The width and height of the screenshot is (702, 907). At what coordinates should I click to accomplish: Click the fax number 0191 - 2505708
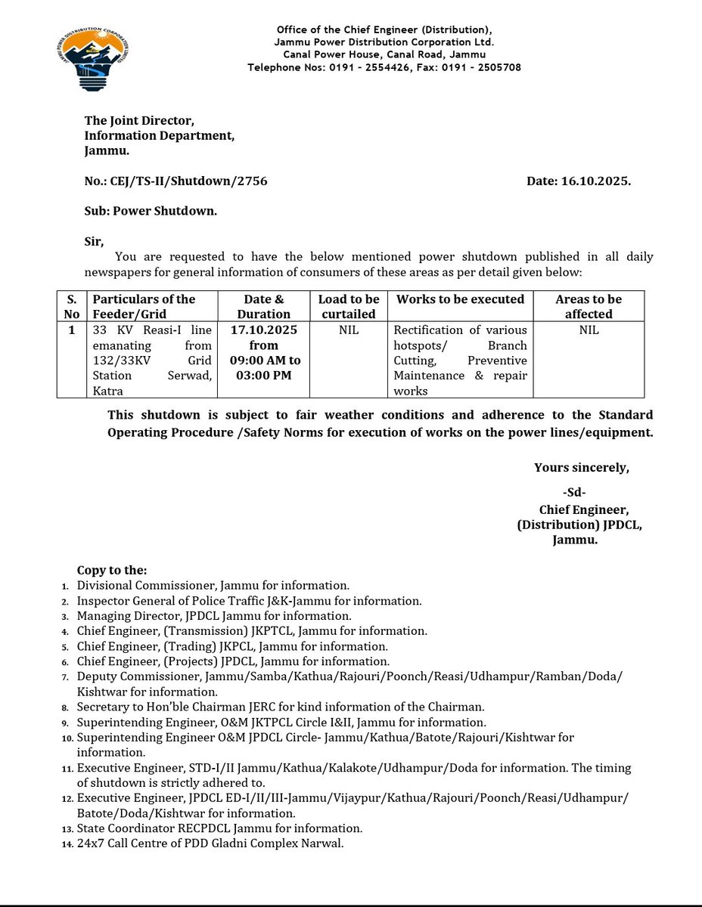485,67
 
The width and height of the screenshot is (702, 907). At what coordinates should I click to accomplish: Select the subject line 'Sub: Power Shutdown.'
151,212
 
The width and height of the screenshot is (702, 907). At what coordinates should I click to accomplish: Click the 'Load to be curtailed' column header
349,306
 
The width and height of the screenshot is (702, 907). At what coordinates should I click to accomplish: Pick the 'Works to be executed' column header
460,299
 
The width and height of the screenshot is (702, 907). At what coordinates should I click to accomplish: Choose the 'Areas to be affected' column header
589,306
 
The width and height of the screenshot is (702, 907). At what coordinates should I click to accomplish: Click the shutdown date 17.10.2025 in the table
264,330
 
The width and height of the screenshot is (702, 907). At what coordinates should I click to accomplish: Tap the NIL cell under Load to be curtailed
349,330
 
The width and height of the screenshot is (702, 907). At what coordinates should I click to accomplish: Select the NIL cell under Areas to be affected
589,330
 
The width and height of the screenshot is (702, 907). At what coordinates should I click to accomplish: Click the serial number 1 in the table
72,330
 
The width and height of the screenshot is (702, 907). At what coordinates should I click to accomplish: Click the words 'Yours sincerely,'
581,468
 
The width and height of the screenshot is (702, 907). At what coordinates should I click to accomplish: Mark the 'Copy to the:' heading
112,570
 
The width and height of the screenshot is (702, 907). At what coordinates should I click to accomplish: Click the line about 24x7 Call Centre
210,843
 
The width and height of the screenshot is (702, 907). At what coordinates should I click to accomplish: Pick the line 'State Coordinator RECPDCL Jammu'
219,828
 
